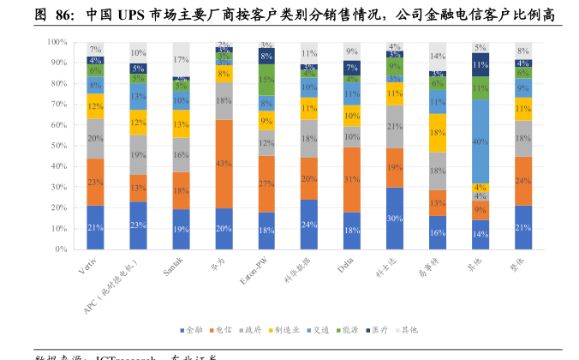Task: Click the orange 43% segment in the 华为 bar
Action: click(x=224, y=164)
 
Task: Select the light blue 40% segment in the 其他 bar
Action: click(x=481, y=141)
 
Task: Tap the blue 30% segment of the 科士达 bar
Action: click(x=395, y=218)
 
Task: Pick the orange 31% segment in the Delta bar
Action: click(x=352, y=179)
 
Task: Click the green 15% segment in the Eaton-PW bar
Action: click(x=266, y=79)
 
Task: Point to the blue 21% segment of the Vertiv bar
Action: click(x=95, y=227)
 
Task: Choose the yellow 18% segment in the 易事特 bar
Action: click(x=438, y=133)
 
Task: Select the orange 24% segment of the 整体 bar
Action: click(x=523, y=181)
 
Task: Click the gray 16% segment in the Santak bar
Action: click(x=181, y=154)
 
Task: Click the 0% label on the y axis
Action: click(x=61, y=249)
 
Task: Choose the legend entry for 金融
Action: click(x=192, y=329)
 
